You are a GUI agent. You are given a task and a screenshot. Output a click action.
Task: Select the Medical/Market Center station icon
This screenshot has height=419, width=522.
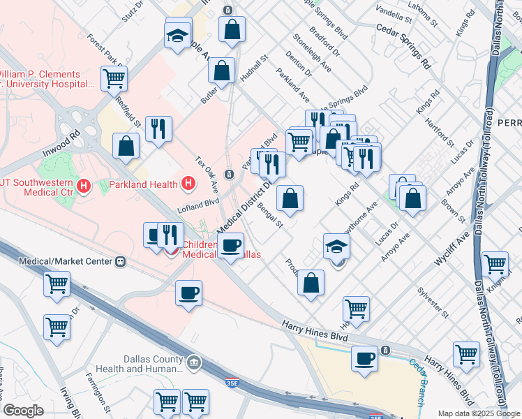[x=119, y=261]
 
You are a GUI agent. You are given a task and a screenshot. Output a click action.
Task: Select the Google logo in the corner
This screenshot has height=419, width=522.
[x=23, y=411]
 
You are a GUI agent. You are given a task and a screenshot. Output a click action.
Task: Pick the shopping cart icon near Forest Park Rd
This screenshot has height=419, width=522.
[x=114, y=78]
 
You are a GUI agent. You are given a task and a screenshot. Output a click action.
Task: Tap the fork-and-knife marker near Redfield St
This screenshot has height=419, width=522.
[x=158, y=128]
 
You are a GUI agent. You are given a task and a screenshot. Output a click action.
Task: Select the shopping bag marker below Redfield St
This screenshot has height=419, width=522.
[x=126, y=146]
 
